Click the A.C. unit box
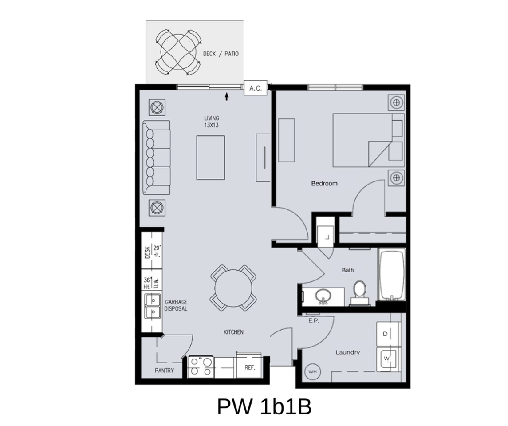coord(256,88)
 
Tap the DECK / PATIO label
coord(221,54)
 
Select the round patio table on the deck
coord(176,52)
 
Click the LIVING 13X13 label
coord(211,122)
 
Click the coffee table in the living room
coord(211,158)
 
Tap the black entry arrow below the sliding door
coord(227,96)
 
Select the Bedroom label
coord(324,183)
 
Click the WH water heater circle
coord(312,371)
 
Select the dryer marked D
coord(386,334)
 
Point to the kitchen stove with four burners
coord(201,367)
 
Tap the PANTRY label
coord(164,371)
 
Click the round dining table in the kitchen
coord(233,288)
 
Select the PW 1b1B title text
coord(264,406)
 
